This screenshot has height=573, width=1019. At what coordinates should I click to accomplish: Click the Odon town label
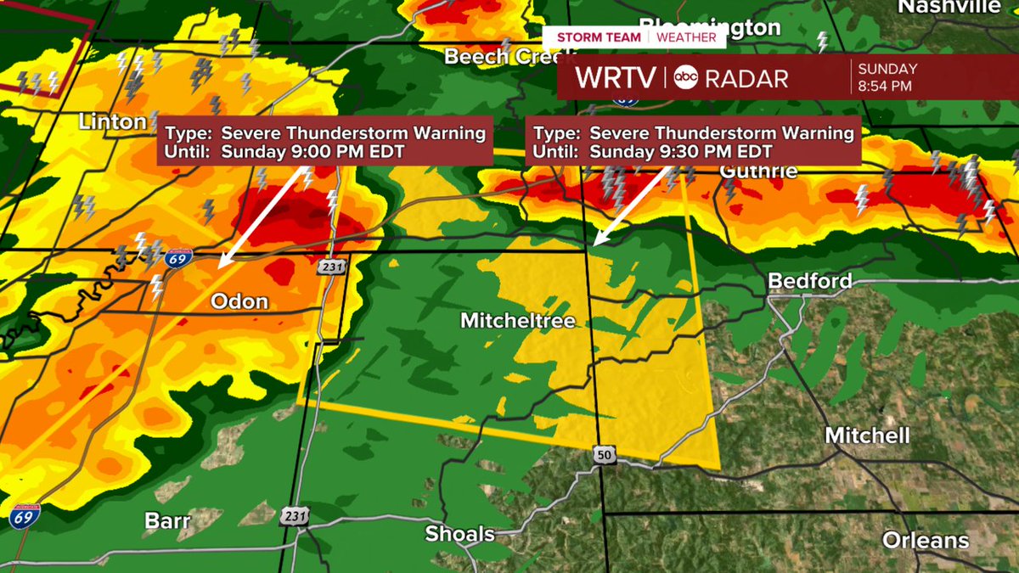[x=239, y=301]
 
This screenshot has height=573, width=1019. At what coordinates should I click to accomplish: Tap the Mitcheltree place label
[x=518, y=321]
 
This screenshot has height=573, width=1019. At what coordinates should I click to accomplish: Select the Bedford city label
[x=809, y=281]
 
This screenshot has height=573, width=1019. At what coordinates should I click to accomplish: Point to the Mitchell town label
[x=867, y=435]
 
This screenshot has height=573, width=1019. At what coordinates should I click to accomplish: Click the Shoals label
[x=460, y=534]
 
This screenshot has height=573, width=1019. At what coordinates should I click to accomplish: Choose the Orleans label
[x=925, y=540]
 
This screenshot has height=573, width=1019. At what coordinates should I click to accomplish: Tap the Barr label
[x=167, y=520]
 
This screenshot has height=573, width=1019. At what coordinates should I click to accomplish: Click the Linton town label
[x=112, y=122]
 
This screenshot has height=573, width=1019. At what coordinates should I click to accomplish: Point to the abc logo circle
[x=686, y=78]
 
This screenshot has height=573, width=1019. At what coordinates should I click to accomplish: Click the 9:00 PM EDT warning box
[x=325, y=142]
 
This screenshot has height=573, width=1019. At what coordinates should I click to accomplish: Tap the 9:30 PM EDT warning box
[x=692, y=142]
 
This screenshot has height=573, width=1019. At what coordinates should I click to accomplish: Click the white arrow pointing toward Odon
[x=262, y=218]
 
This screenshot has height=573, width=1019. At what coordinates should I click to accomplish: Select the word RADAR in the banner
[x=746, y=78]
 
